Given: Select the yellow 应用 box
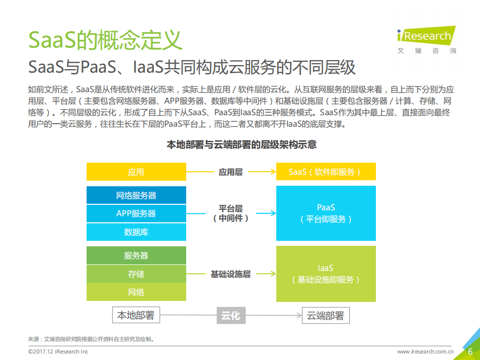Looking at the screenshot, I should point(136,172).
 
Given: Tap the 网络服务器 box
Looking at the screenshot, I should point(136,195).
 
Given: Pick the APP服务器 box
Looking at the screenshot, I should point(136,214).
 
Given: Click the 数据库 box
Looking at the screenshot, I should point(136,232).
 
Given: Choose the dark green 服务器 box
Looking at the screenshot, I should point(136,255).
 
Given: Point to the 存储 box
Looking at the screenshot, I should point(136,274).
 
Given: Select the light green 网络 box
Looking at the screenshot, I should point(136,292).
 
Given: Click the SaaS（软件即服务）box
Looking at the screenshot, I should point(326,172).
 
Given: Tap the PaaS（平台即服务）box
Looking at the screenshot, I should point(326,213).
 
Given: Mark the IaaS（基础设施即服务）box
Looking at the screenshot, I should point(326,274).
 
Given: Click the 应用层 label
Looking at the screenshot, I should point(231,172).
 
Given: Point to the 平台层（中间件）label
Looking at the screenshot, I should point(231,213).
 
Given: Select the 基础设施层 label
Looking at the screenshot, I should point(231,274).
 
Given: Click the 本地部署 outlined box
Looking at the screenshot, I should point(136,315).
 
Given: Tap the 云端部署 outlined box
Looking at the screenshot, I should point(325,315).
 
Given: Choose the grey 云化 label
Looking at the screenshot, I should point(231,315).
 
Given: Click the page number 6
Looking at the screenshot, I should point(470,351).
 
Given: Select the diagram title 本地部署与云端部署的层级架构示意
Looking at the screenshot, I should point(241,145).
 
